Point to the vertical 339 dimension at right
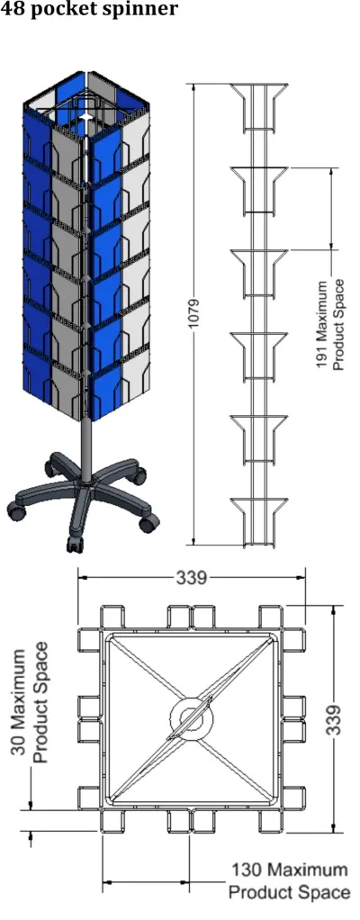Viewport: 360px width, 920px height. (x=334, y=718)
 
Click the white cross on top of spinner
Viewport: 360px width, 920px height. (x=87, y=119)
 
